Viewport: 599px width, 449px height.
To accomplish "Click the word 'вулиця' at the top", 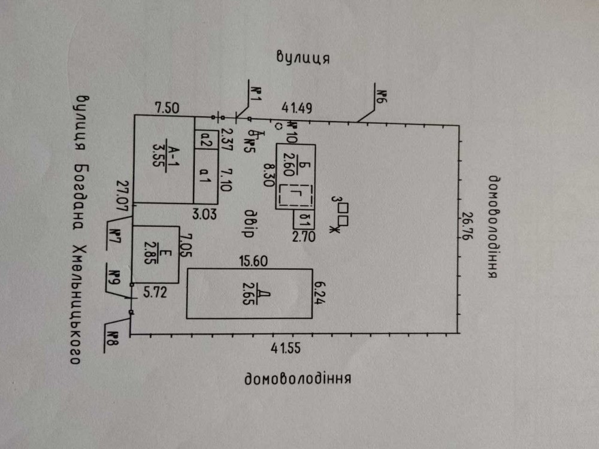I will coord(304,57).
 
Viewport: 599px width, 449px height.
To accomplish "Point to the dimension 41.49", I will coord(297,108).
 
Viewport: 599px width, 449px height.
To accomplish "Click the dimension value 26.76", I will coord(470,228).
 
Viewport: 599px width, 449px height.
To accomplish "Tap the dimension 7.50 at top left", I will coord(167,108).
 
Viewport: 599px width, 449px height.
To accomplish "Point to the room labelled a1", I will coord(204,175).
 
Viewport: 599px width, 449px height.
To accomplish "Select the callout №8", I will coord(113,339).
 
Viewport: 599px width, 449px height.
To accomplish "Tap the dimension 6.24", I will coord(321,292).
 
